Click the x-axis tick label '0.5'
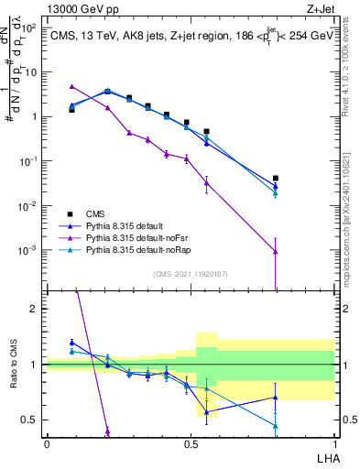tap(190, 443)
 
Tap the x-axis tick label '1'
tap(334, 443)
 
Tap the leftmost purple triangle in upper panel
tap(71, 87)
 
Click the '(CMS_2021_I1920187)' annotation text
tap(190, 274)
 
